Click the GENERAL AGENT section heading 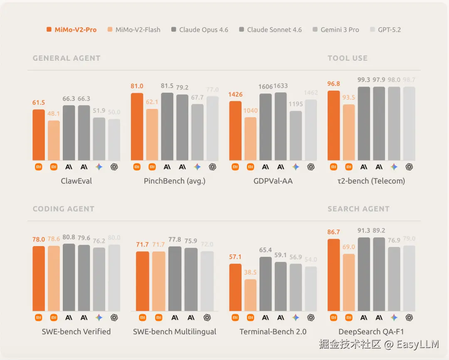coord(67,58)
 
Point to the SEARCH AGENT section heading coord(358,209)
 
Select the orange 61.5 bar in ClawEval coord(39,135)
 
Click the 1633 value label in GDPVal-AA coord(281,86)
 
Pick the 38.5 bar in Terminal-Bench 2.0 coord(250,295)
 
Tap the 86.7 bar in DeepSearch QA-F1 coord(334,275)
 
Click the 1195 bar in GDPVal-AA coord(296,136)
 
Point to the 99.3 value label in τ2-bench coord(364,80)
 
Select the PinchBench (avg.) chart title coord(175,181)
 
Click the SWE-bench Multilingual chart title coord(175,331)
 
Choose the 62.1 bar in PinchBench coord(152,135)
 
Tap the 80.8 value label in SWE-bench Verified coord(69,238)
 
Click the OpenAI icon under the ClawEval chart coord(114,167)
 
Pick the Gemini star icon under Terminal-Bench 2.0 coord(296,317)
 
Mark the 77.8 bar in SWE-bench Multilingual coord(175,279)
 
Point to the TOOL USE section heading coord(348,58)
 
